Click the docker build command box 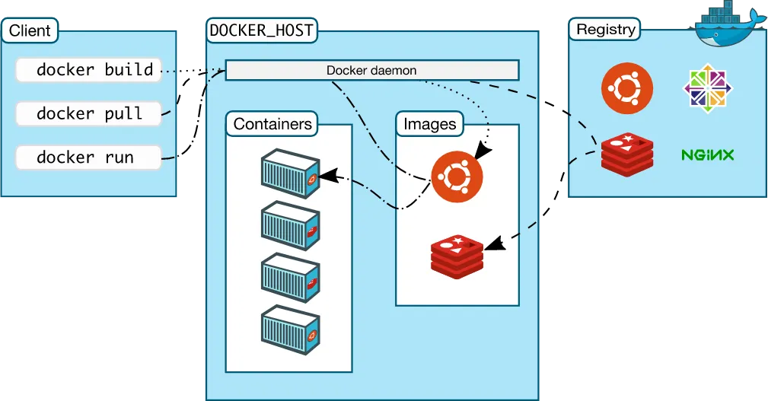(x=89, y=70)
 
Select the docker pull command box (x=89, y=114)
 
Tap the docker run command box (x=89, y=158)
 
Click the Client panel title (x=30, y=31)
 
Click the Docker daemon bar (x=371, y=71)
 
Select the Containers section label (x=272, y=124)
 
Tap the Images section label (x=430, y=124)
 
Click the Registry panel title (x=606, y=30)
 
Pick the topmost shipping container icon (x=290, y=173)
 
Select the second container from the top (x=290, y=225)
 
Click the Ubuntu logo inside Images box (x=457, y=177)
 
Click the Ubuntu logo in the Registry (x=626, y=86)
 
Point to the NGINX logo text (x=707, y=155)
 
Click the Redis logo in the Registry (x=626, y=154)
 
